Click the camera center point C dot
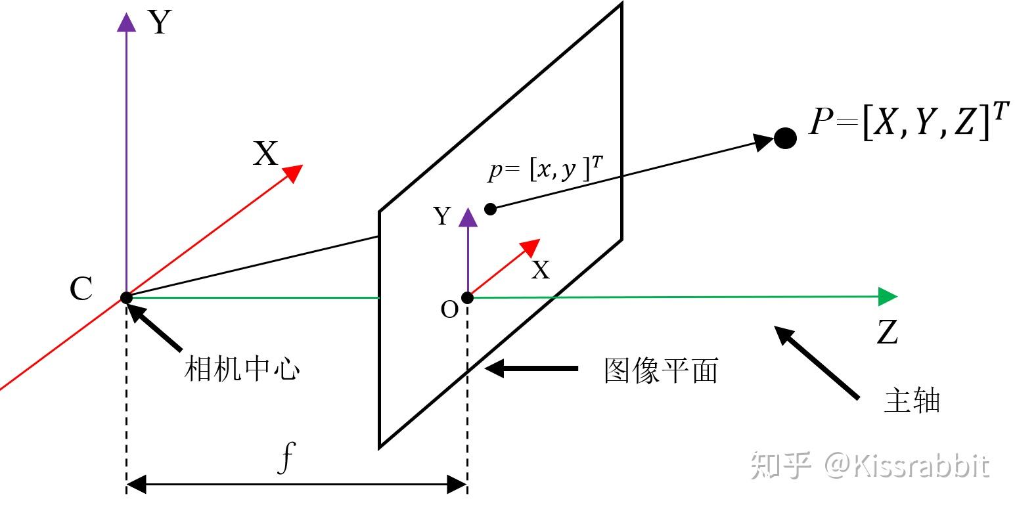pyautogui.click(x=126, y=298)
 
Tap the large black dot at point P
pyautogui.click(x=785, y=138)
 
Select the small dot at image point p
pyautogui.click(x=490, y=209)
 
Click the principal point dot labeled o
pyautogui.click(x=467, y=298)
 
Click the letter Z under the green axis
pyautogui.click(x=887, y=333)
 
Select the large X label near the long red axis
pyautogui.click(x=265, y=155)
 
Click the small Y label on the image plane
pyautogui.click(x=443, y=216)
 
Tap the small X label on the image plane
pyautogui.click(x=540, y=270)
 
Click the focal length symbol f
pyautogui.click(x=284, y=459)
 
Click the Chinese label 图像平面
pyautogui.click(x=661, y=371)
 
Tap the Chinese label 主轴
pyautogui.click(x=912, y=401)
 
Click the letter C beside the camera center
pyautogui.click(x=81, y=289)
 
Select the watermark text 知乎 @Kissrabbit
pyautogui.click(x=870, y=465)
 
